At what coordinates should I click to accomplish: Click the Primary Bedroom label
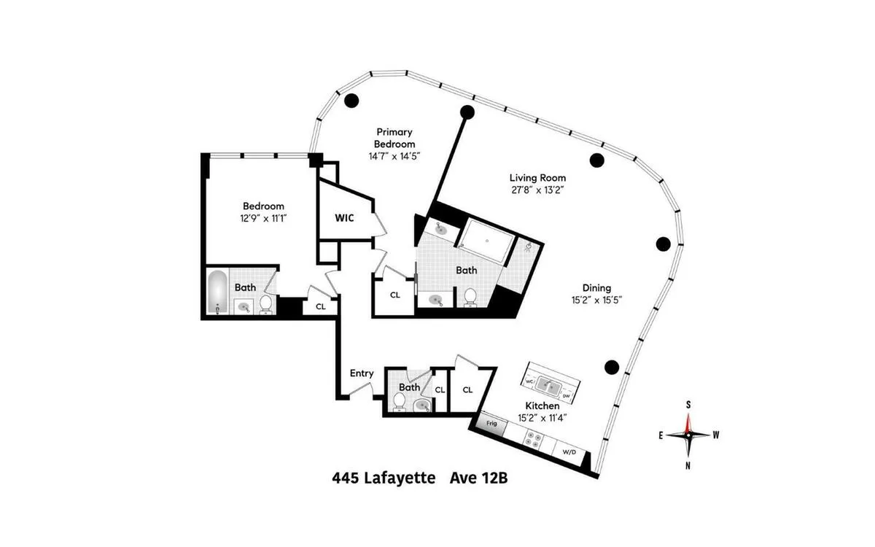click(x=394, y=138)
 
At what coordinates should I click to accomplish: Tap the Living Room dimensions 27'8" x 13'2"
click(x=537, y=190)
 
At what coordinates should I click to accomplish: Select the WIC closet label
click(x=344, y=218)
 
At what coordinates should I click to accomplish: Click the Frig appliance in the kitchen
click(x=492, y=424)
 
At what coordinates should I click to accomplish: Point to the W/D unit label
click(x=569, y=451)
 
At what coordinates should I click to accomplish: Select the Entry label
click(x=362, y=373)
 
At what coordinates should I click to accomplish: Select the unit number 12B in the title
click(x=504, y=479)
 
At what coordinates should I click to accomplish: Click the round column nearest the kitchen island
click(x=612, y=367)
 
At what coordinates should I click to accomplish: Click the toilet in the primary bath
click(x=470, y=297)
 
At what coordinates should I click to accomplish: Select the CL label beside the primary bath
click(x=395, y=295)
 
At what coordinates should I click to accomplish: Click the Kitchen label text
click(x=542, y=406)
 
